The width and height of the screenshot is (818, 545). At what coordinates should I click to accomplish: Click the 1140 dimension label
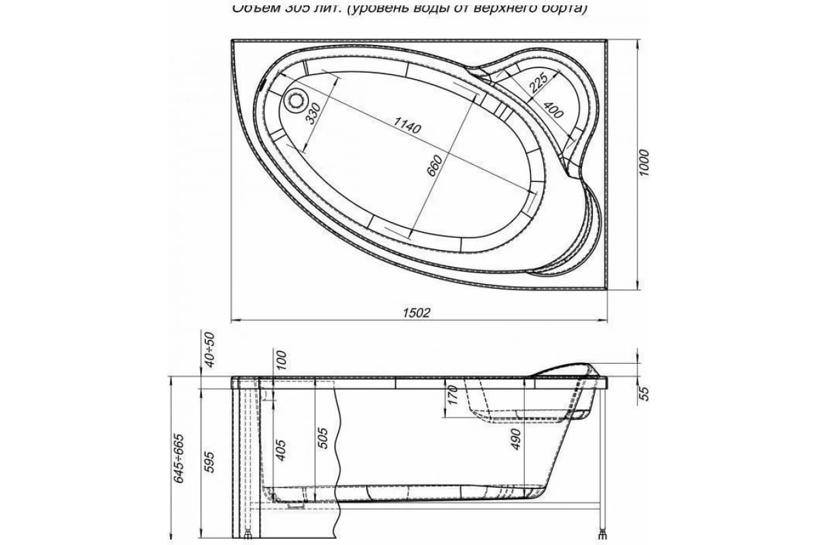click(x=408, y=125)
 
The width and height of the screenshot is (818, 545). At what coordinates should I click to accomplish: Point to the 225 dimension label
click(x=538, y=83)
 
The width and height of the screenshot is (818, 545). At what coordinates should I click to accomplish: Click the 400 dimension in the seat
click(x=553, y=110)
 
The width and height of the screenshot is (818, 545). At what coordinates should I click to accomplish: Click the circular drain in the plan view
click(x=297, y=101)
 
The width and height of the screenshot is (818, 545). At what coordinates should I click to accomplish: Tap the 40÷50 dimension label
click(x=210, y=349)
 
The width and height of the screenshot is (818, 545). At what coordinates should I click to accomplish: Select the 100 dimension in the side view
click(x=282, y=358)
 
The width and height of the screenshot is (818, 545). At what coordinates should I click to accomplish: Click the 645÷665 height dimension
click(x=179, y=458)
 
